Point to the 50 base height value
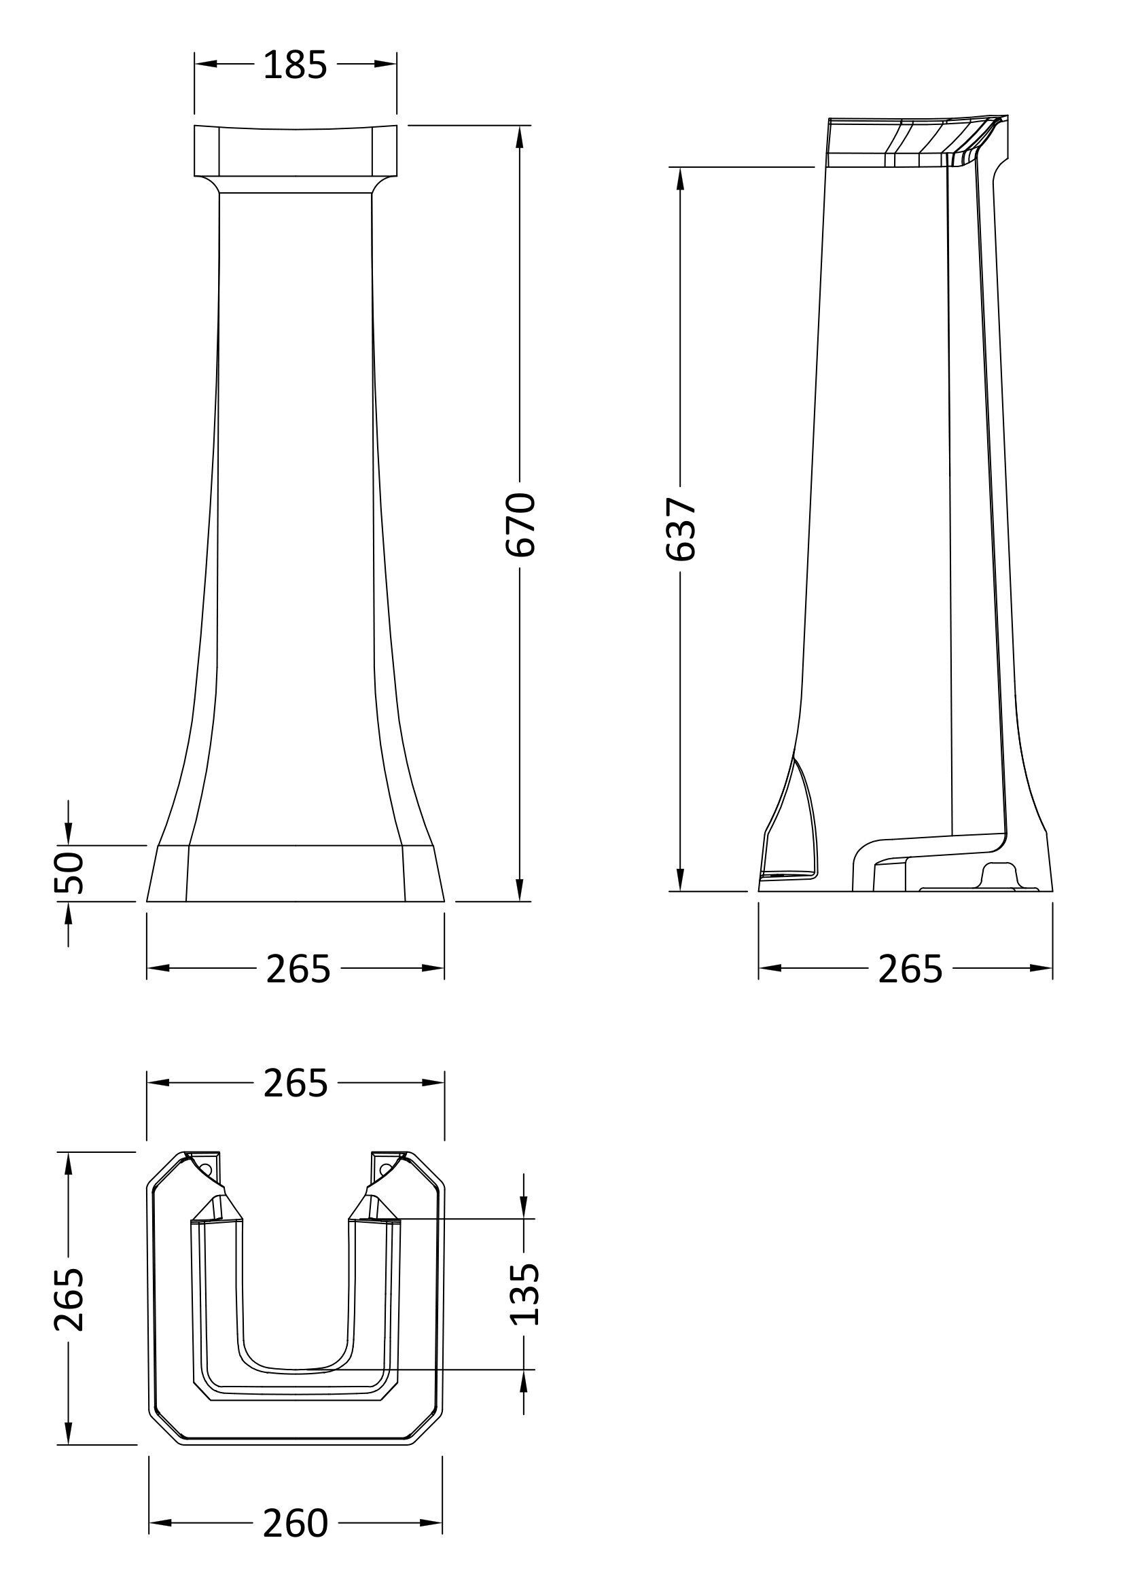click(x=70, y=873)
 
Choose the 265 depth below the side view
click(x=910, y=969)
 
